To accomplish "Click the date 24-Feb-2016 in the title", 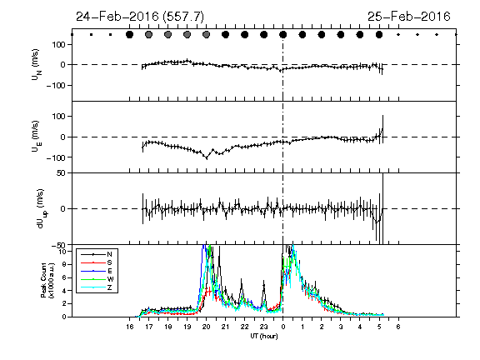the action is point(117,16).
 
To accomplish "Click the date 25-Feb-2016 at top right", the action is point(409,16).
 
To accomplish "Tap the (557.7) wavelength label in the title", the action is point(183,17).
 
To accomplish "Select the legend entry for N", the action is point(97,254).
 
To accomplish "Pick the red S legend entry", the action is point(97,262).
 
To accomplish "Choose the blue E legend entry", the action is point(97,271).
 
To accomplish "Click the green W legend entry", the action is point(97,279).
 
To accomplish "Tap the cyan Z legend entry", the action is point(97,287).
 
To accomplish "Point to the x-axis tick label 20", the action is point(207,327).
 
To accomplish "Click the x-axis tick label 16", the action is point(129,327).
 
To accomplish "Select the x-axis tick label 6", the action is point(398,327).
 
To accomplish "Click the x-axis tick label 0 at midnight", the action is point(283,327).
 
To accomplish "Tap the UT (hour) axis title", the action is point(264,336).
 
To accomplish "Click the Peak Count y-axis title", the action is point(47,280).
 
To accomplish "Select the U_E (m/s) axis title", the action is point(36,137).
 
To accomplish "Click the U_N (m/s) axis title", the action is point(36,65).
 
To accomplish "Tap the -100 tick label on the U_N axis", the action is point(56,85).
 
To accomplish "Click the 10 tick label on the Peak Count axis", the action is point(62,252).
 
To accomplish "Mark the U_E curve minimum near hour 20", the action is point(207,158).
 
